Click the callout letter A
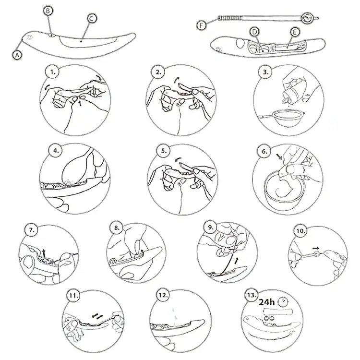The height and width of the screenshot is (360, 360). click(x=17, y=55)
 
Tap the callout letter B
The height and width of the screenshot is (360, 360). click(x=48, y=11)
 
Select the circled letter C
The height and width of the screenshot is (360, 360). click(x=92, y=18)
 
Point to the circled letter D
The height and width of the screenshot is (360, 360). click(x=254, y=32)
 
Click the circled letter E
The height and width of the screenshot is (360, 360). click(x=295, y=32)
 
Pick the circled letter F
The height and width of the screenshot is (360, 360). click(x=201, y=25)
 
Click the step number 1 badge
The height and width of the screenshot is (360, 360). click(x=53, y=72)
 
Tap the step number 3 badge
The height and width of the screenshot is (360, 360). click(x=265, y=72)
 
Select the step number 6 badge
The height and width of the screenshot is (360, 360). click(x=264, y=152)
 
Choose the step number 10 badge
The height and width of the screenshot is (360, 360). click(x=300, y=231)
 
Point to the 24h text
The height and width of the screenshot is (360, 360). click(x=266, y=302)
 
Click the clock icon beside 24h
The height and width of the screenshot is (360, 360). click(x=283, y=302)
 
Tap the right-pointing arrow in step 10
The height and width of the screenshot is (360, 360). click(x=316, y=248)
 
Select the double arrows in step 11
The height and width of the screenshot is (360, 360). click(x=97, y=317)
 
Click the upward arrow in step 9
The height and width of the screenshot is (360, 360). click(x=237, y=261)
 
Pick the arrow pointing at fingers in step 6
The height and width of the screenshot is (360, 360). click(x=280, y=157)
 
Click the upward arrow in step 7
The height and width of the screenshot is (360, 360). click(x=44, y=253)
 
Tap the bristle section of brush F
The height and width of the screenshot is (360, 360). click(x=230, y=18)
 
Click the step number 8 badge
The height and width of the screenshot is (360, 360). click(x=117, y=228)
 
